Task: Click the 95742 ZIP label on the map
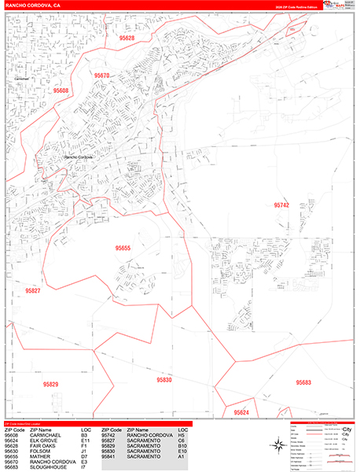pyautogui.click(x=281, y=205)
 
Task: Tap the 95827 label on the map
pyautogui.click(x=32, y=290)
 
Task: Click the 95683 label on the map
pyautogui.click(x=303, y=382)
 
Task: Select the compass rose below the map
pyautogui.click(x=277, y=446)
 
